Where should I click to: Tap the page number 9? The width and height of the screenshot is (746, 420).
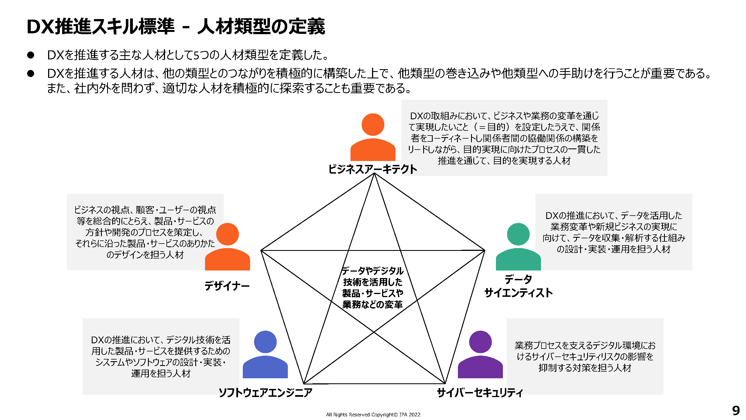pyautogui.click(x=736, y=411)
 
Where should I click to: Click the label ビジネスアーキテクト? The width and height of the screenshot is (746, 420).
pyautogui.click(x=372, y=169)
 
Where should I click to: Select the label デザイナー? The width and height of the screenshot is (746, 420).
pyautogui.click(x=227, y=286)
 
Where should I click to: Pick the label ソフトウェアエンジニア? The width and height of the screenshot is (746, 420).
pyautogui.click(x=265, y=393)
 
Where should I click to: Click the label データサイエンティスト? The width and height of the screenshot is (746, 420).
pyautogui.click(x=518, y=286)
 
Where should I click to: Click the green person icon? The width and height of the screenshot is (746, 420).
pyautogui.click(x=518, y=246)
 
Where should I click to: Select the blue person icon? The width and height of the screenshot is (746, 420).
pyautogui.click(x=265, y=354)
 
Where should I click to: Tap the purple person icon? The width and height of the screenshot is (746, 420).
pyautogui.click(x=480, y=354)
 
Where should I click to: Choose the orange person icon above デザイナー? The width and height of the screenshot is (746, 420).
pyautogui.click(x=227, y=246)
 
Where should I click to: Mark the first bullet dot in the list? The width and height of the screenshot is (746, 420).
pyautogui.click(x=31, y=55)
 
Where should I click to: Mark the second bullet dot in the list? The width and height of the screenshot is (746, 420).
pyautogui.click(x=31, y=73)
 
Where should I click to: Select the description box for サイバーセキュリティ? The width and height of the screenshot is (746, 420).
pyautogui.click(x=584, y=356)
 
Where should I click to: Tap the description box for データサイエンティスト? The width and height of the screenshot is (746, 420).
pyautogui.click(x=613, y=232)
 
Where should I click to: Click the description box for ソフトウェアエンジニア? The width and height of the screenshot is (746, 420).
pyautogui.click(x=161, y=356)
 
